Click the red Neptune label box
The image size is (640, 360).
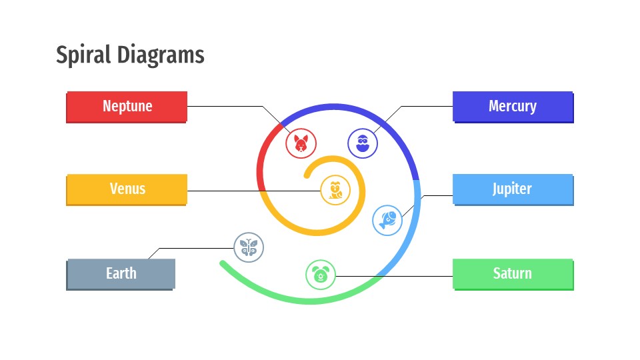[x=127, y=107]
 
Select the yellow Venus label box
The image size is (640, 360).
[x=127, y=189]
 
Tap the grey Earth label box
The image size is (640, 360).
[x=121, y=273]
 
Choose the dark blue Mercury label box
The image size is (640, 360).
[x=512, y=107]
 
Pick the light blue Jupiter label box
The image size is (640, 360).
[x=512, y=189]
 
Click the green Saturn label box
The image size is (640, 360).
[x=512, y=273]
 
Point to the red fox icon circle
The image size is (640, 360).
[x=301, y=143]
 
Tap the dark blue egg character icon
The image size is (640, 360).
[x=363, y=143]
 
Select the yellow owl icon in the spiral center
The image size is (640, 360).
[x=335, y=190]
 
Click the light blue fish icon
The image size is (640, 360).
[x=387, y=219]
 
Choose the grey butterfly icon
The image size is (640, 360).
[x=249, y=247]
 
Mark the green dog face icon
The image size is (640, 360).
[x=321, y=274]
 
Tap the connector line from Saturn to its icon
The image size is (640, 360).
[x=393, y=275]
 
